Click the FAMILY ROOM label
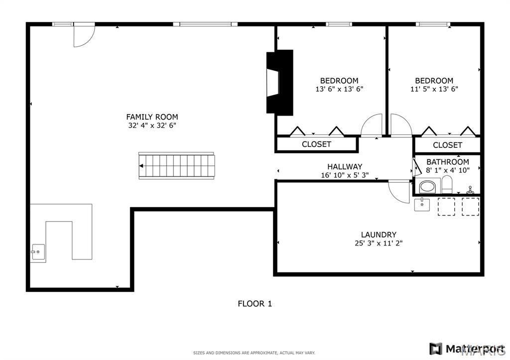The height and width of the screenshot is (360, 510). pos(152,117)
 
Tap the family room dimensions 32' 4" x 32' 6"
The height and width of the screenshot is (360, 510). pos(152,125)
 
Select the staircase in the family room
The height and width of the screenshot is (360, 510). pos(177,165)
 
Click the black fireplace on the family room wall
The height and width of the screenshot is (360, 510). pos(280,82)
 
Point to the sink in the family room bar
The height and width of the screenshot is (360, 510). pos(38,252)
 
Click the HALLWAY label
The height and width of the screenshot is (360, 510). pos(345,167)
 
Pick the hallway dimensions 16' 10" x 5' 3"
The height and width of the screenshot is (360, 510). pos(345,175)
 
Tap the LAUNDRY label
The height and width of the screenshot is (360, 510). pos(379,235)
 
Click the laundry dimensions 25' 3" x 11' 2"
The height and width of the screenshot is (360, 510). pos(379,243)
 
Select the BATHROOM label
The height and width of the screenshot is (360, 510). pos(448,162)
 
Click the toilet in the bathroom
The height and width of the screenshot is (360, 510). pos(447,184)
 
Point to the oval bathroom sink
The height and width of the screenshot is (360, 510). pos(427,187)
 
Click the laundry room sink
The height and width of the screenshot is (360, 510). pos(422,205)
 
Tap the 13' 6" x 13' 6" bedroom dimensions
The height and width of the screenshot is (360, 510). pos(339,89)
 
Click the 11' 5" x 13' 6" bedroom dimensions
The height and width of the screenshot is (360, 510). pos(434,89)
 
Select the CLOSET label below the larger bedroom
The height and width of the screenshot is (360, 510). pos(316,144)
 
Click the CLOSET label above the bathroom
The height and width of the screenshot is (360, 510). pos(447,145)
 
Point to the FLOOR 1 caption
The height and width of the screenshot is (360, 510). pos(255,304)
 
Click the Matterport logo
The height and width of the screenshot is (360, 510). pos(467,349)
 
